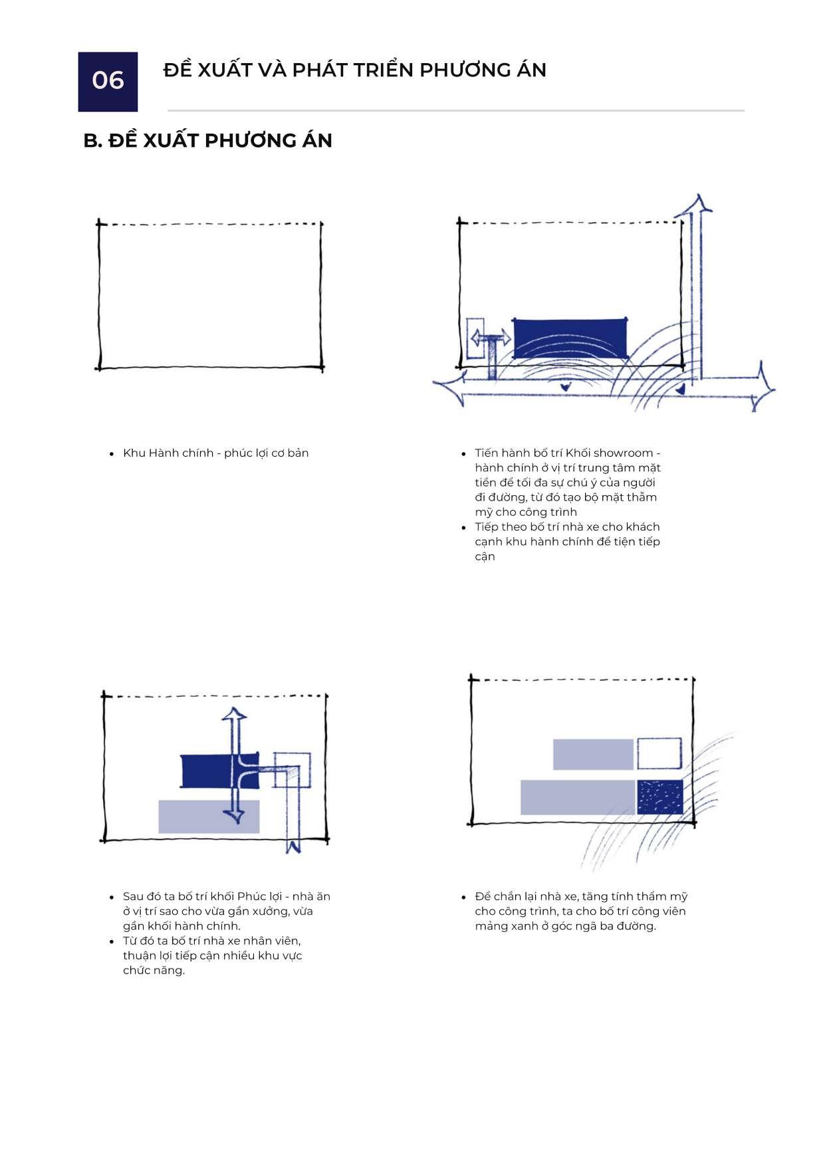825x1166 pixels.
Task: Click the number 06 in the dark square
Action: click(x=108, y=80)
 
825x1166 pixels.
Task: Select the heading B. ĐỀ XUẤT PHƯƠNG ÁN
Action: click(x=207, y=141)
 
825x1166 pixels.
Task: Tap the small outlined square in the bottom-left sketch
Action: click(x=293, y=769)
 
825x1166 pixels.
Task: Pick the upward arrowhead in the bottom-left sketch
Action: click(x=233, y=717)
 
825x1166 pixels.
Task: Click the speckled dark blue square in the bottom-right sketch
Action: click(x=660, y=797)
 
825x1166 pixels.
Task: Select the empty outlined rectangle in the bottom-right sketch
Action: click(x=659, y=753)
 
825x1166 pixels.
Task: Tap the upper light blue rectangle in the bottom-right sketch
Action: click(x=593, y=754)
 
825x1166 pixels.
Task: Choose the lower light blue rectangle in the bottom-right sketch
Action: click(x=577, y=797)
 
